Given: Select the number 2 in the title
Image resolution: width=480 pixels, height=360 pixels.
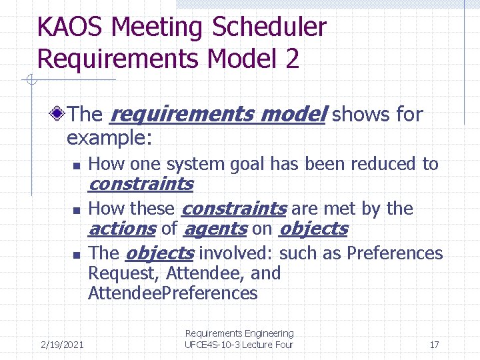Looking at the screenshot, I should (x=292, y=59).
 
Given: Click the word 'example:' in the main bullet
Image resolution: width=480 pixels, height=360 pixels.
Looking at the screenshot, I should (x=109, y=138).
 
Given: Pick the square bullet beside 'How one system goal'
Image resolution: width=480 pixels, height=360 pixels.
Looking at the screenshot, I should (x=77, y=165).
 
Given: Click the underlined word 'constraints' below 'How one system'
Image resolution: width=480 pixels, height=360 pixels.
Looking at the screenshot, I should (x=141, y=184).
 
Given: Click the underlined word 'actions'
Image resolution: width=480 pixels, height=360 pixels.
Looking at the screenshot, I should (x=121, y=229).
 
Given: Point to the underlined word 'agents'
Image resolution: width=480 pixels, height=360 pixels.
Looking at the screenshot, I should (x=215, y=229).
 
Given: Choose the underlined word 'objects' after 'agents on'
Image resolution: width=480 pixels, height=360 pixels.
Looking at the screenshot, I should (x=313, y=229).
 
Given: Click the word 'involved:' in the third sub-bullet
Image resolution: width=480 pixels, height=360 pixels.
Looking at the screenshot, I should (x=236, y=253).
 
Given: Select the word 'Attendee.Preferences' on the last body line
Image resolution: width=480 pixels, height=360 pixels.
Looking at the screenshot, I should (x=173, y=293).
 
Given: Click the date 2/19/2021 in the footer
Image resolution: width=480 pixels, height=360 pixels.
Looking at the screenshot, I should (x=62, y=345).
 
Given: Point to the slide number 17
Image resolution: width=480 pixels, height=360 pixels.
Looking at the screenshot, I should (x=434, y=345).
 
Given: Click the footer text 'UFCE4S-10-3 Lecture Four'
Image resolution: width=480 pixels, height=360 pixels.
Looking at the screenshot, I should (x=239, y=345).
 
